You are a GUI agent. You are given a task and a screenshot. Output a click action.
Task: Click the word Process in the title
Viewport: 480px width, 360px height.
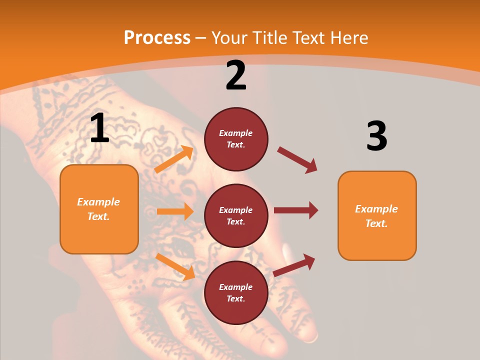pyautogui.click(x=157, y=37)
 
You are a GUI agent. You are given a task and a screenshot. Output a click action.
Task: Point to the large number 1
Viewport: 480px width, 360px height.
pyautogui.click(x=99, y=128)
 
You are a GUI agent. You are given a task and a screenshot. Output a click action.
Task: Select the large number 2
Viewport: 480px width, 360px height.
pyautogui.click(x=236, y=75)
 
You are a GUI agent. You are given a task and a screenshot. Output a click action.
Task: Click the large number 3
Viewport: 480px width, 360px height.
pyautogui.click(x=376, y=136)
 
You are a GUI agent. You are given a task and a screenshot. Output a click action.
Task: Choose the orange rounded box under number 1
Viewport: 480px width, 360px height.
pyautogui.click(x=99, y=209)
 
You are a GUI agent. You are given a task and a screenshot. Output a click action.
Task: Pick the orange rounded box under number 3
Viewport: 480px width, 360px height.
pyautogui.click(x=377, y=215)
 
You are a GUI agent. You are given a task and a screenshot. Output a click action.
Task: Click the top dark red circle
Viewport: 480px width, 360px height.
pyautogui.click(x=236, y=139)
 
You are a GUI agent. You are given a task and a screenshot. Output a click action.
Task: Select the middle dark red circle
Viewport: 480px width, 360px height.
pyautogui.click(x=236, y=215)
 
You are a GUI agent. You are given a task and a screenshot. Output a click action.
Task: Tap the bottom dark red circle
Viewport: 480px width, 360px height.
pyautogui.click(x=236, y=292)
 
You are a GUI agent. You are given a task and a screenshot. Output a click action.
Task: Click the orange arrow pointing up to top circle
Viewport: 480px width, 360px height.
pyautogui.click(x=174, y=159)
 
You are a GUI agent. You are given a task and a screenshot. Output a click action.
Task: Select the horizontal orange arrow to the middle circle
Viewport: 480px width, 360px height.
pyautogui.click(x=175, y=211)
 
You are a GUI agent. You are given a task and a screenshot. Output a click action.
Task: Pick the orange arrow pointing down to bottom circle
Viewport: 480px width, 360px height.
pyautogui.click(x=175, y=266)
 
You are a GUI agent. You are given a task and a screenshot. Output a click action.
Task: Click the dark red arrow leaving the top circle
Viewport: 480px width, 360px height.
pyautogui.click(x=297, y=160)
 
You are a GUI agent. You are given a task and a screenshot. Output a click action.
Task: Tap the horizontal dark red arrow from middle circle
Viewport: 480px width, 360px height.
pyautogui.click(x=296, y=210)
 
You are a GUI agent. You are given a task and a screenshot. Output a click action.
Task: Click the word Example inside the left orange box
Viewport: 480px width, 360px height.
pyautogui.click(x=98, y=202)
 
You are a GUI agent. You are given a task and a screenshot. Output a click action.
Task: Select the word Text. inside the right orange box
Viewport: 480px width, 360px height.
pyautogui.click(x=376, y=223)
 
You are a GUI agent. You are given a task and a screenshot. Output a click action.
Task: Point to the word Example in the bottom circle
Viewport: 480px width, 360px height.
pyautogui.click(x=236, y=287)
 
